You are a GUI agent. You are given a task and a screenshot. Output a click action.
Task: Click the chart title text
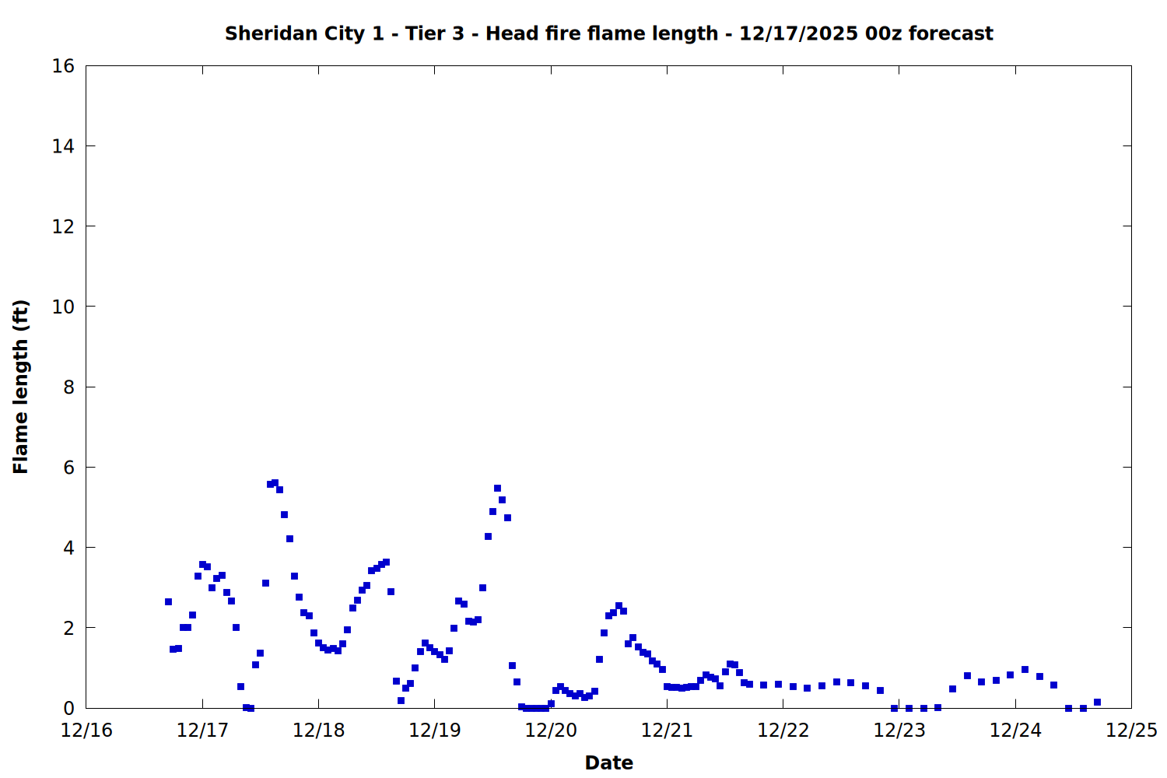[x=608, y=33]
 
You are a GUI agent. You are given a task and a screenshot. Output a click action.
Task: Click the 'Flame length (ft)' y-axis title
[x=21, y=387]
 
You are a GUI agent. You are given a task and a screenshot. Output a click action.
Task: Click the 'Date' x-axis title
[x=608, y=762]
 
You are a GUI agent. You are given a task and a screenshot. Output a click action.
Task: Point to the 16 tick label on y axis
[x=63, y=66]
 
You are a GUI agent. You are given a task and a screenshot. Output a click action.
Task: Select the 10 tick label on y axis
[x=63, y=307]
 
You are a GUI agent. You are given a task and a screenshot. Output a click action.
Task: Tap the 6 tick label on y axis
[x=68, y=468]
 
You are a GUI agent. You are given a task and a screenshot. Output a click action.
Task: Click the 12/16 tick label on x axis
[x=86, y=731]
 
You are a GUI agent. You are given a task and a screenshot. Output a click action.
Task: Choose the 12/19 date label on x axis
[x=434, y=731]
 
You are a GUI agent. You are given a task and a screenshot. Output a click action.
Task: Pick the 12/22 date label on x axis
[x=783, y=731]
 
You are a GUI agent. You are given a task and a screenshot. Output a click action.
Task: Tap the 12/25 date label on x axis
[x=1131, y=731]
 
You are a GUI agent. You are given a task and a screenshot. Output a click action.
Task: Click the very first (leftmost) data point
[x=168, y=601]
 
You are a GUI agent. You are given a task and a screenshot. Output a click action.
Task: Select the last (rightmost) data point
[x=1097, y=702]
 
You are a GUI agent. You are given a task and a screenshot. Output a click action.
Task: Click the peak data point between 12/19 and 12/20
[x=497, y=489]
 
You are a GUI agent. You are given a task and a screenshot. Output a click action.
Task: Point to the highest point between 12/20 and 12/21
[x=619, y=605]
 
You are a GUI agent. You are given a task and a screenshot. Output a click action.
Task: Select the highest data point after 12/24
[x=1025, y=669]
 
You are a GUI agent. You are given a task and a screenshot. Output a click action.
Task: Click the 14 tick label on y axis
[x=63, y=146]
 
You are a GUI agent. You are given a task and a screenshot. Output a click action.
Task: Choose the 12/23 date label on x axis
[x=899, y=731]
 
